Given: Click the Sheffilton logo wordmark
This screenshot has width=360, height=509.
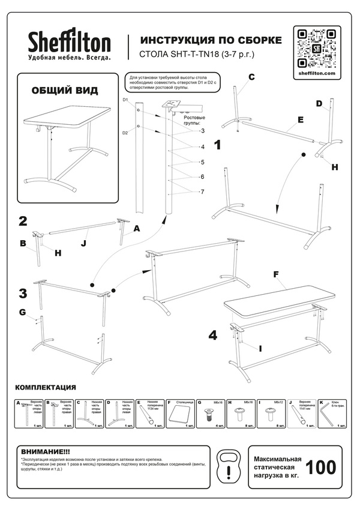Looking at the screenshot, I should click(69, 42).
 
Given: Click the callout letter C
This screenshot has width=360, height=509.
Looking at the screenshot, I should click(251, 77).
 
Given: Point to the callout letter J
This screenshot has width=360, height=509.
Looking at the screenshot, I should click(83, 243).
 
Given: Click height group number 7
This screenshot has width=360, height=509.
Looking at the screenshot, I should click(202, 191).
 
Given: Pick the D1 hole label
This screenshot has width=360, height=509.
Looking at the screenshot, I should click(126, 100).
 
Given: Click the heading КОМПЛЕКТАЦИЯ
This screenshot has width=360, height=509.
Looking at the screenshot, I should click(46, 387).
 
